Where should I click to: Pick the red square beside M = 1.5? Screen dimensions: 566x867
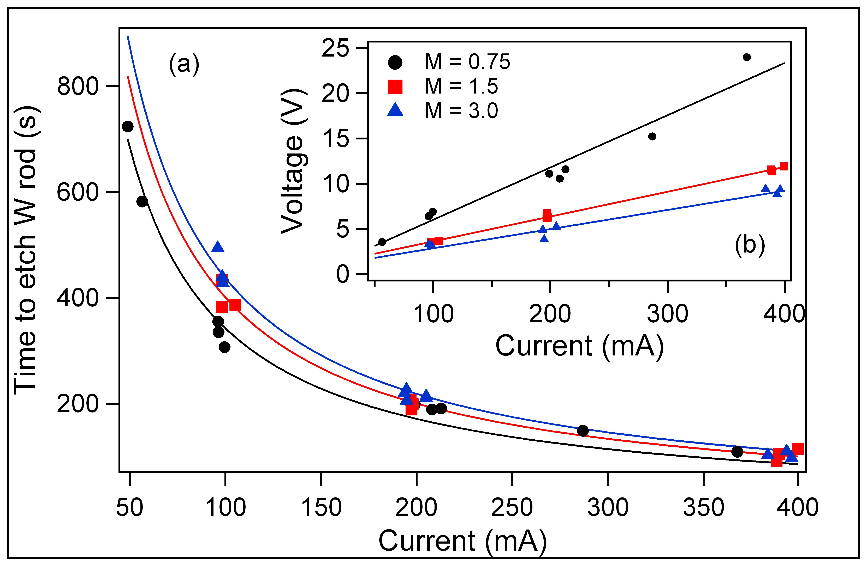pos(395,87)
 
